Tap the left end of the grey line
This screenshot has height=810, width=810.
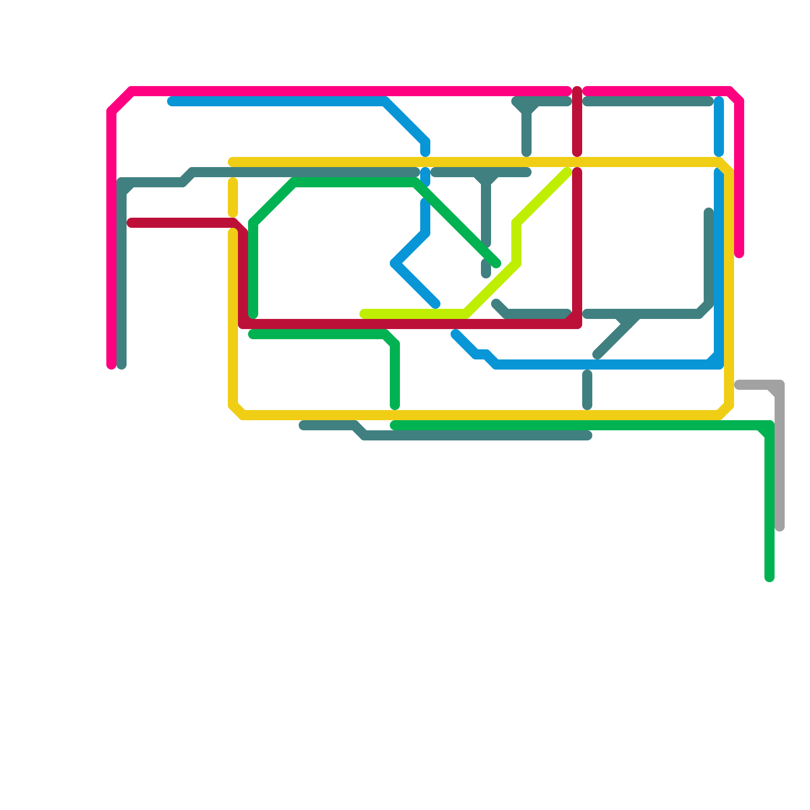pos(739,385)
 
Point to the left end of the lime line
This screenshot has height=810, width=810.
pos(363,314)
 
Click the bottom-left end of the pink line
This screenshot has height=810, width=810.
pos(111,365)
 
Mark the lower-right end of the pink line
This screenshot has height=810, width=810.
pos(739,254)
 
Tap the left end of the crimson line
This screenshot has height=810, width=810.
pos(131,223)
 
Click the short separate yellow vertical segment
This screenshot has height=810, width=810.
pos(233,197)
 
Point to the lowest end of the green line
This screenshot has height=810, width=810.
pos(769,578)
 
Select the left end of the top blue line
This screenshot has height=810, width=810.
pos(172,102)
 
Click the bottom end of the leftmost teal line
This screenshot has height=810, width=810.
pos(121,365)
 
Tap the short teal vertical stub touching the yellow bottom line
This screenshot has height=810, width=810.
pos(587,390)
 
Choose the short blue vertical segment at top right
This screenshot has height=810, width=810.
pos(719,127)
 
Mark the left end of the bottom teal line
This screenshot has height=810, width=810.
pos(303,425)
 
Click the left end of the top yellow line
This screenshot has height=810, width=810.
pos(232,162)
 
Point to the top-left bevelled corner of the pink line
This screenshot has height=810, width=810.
pos(120,100)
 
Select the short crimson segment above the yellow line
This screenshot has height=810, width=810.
pos(577,121)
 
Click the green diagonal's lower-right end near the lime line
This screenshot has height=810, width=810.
pos(497,264)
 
